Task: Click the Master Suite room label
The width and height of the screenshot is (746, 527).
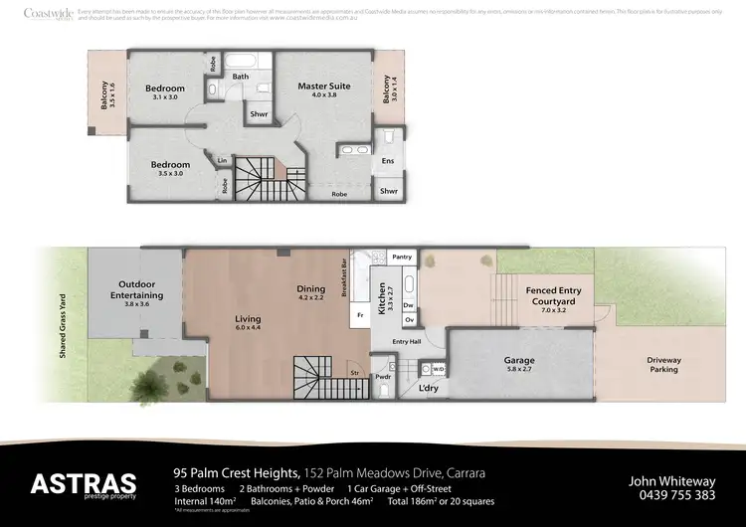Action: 325,87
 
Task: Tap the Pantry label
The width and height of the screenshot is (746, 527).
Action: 402,257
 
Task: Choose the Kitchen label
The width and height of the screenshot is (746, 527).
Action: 381,297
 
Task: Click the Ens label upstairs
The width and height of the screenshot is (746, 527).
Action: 388,160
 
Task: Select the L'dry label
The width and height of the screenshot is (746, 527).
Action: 429,387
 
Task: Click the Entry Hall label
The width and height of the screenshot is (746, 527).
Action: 407,341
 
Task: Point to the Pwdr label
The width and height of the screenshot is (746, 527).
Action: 383,378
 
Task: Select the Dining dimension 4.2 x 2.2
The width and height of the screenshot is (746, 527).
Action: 311,296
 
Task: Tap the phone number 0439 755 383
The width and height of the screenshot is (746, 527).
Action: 672,494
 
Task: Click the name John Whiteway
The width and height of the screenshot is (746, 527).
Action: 672,479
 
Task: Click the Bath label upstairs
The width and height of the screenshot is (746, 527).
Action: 241,77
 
